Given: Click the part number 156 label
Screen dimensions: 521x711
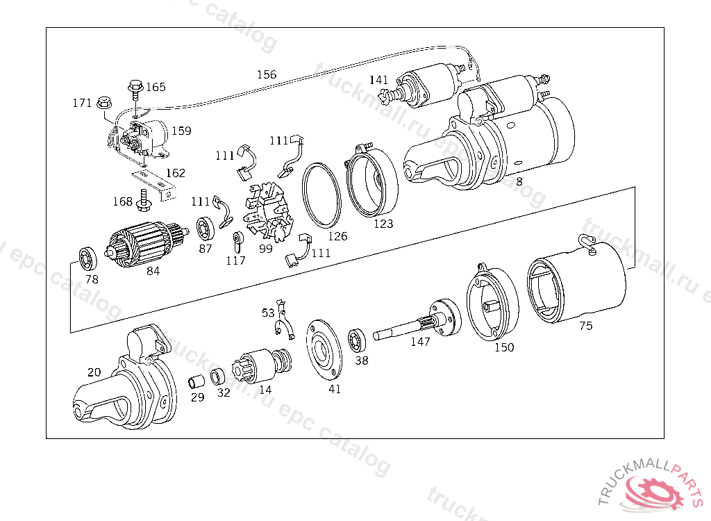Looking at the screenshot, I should point(266,74).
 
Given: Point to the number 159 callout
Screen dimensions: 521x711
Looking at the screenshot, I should point(181,131).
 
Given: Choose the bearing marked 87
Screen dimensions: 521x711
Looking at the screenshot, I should point(206,228).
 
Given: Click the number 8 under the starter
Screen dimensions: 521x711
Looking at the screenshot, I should point(519,181).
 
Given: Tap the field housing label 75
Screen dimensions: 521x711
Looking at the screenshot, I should point(586,326).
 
